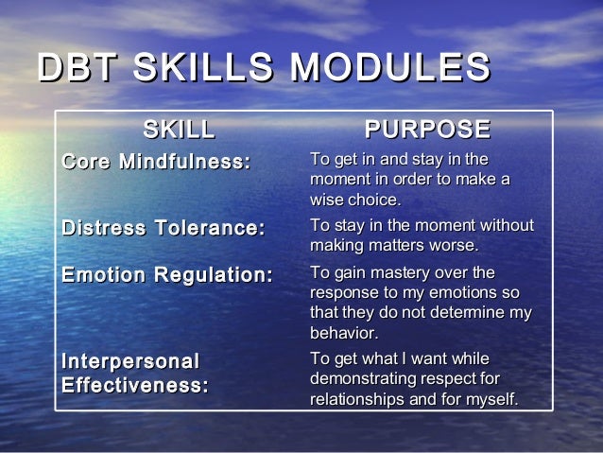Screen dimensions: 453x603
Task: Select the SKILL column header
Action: point(179,130)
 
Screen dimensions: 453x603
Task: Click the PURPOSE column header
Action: point(427,130)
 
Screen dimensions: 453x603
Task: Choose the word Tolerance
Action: point(209,228)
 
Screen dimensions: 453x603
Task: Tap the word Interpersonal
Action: point(130,362)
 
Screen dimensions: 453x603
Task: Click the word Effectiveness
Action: point(135,386)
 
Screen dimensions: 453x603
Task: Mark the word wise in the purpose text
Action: point(327,200)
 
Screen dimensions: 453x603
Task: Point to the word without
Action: point(506,226)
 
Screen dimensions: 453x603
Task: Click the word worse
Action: point(455,246)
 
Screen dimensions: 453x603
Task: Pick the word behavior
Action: point(344,333)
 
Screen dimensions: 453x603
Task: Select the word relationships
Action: point(358,400)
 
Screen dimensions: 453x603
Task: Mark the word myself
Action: point(489,400)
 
